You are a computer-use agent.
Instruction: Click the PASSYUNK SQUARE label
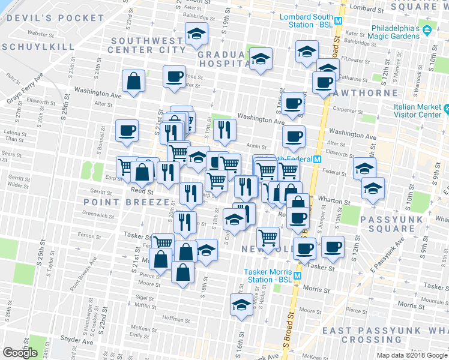coord(409,223)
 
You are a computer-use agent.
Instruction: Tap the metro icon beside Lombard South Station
coord(339,20)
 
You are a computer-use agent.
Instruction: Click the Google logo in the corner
coord(20,352)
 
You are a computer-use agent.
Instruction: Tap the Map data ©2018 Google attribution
coord(412,355)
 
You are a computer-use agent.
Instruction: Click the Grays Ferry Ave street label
coord(25,89)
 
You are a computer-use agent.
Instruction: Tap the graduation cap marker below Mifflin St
coord(241,304)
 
